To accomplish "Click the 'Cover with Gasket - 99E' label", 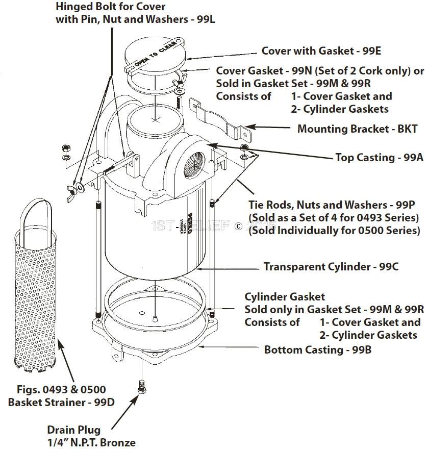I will click(321, 51).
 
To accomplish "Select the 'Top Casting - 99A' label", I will click(379, 158).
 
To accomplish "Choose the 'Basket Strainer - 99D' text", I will click(61, 402).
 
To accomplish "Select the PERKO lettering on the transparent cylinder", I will click(175, 220).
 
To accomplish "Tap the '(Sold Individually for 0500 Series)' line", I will click(334, 230).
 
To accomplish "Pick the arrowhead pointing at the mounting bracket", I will click(251, 126).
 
